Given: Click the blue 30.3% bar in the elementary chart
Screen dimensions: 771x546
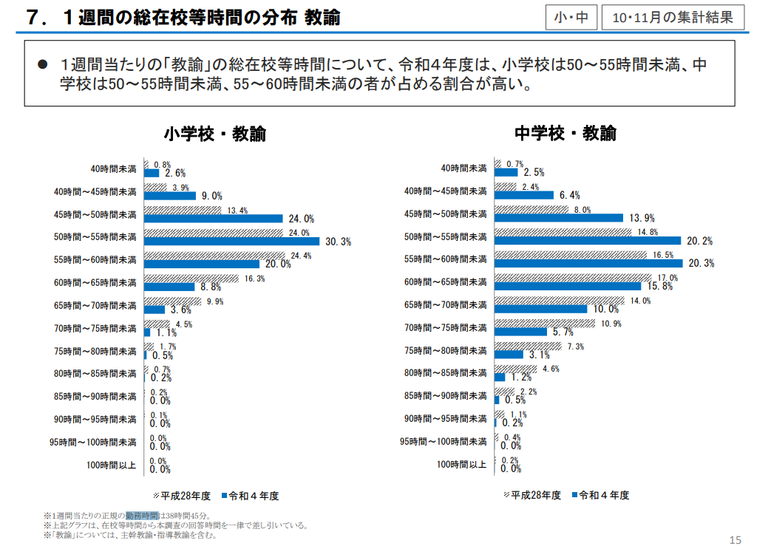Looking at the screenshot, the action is coord(231,242).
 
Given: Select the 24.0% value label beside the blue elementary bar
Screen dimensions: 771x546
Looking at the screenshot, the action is coord(302,219).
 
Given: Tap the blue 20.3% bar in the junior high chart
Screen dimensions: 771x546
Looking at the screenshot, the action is coord(588,264).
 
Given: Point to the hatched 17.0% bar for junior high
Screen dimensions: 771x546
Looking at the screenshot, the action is coord(573,278).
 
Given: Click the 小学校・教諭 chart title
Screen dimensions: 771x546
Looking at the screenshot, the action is coord(215,134).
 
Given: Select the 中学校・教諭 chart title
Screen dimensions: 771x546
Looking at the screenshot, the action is coord(565,133).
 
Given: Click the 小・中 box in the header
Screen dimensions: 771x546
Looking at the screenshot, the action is coord(571,18).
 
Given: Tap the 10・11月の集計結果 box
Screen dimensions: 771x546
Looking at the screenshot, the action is coord(673,18).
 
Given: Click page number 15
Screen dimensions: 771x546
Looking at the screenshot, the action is coord(735,539).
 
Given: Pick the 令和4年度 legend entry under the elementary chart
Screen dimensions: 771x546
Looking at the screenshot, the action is coord(251,496).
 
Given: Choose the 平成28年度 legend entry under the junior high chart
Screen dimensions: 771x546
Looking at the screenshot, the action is coord(532,495).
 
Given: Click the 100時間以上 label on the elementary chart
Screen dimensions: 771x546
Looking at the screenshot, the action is coord(111,465).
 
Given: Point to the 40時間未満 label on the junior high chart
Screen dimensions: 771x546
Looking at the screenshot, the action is coord(463,168).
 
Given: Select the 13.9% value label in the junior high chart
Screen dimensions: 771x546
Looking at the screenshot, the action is coord(642,218).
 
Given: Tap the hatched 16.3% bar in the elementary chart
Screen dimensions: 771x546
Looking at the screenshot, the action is coord(191,279).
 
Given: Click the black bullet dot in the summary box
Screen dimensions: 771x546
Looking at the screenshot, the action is coord(43,64).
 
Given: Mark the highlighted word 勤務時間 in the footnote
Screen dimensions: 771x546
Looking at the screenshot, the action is coord(142,516).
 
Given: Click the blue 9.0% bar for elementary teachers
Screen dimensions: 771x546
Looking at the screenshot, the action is coord(169,196).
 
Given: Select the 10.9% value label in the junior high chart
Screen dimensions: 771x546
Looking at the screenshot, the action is coord(611,324).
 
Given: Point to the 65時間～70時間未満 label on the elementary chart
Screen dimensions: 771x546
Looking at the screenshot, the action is coord(95,306).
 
